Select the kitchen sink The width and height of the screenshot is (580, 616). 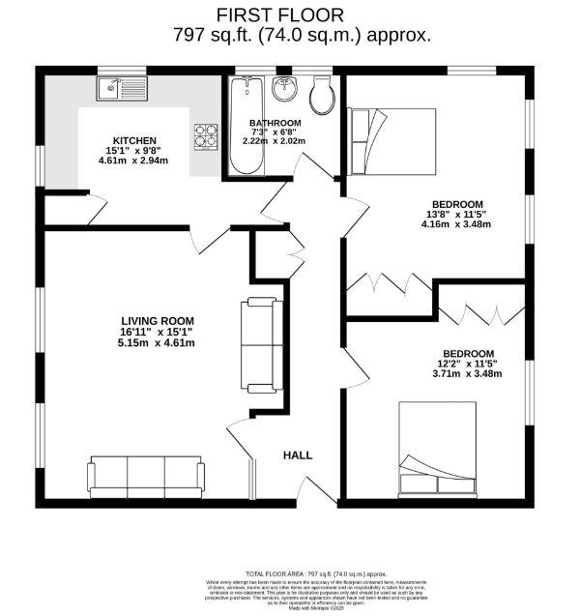(x=122, y=91)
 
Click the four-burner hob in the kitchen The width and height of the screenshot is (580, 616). (x=207, y=135)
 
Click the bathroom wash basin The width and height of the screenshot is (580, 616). (x=285, y=91)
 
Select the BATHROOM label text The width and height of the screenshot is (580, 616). (x=275, y=124)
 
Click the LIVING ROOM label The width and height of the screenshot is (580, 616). (x=158, y=321)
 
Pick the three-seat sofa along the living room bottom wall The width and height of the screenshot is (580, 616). (x=146, y=476)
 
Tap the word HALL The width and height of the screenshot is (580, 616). (x=298, y=455)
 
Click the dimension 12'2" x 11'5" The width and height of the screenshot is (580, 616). (x=469, y=364)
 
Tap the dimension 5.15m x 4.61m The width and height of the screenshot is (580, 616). (x=158, y=342)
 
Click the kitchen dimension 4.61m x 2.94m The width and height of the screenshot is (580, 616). (x=133, y=161)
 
